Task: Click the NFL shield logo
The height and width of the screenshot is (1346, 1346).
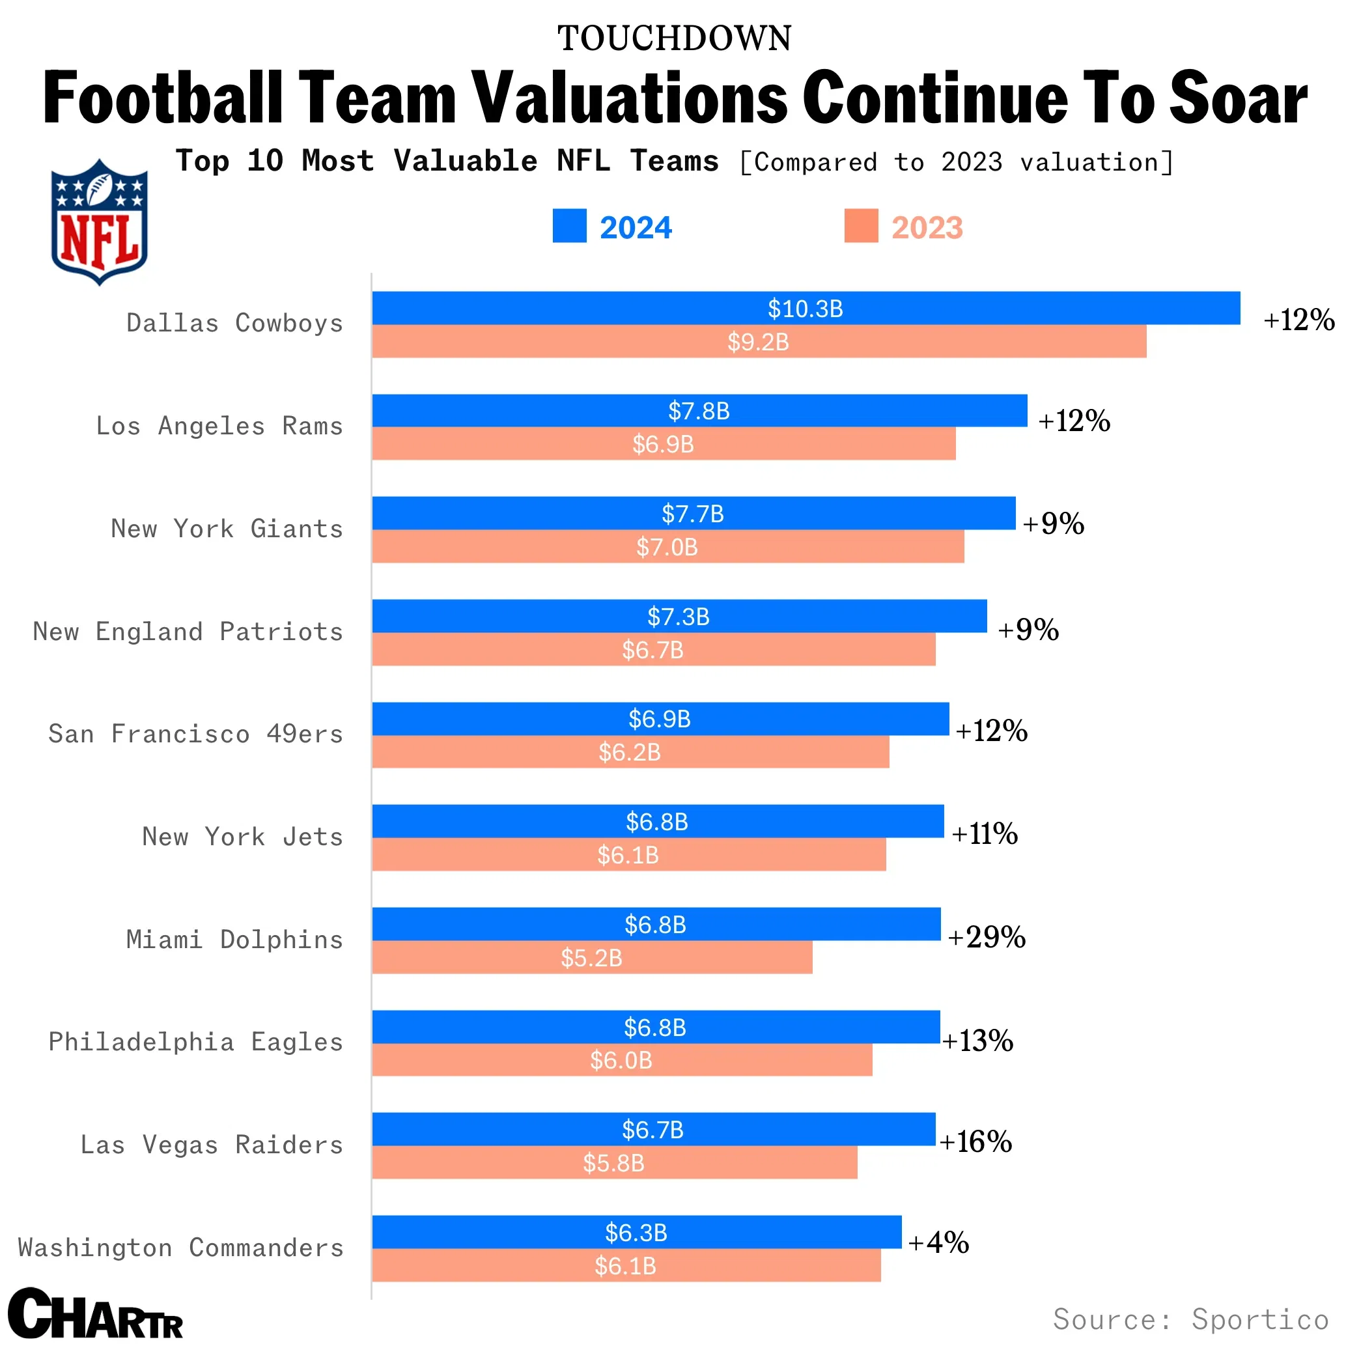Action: point(99,221)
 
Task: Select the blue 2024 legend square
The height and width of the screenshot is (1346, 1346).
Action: point(569,226)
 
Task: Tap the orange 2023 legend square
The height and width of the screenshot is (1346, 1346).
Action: point(861,226)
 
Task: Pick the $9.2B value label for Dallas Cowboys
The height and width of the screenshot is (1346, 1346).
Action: point(758,342)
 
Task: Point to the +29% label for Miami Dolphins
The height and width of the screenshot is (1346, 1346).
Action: point(987,937)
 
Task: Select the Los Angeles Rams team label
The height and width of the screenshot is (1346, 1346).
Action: point(219,426)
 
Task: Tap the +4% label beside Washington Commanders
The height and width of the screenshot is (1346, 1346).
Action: point(938,1242)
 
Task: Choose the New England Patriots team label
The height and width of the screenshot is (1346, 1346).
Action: point(188,631)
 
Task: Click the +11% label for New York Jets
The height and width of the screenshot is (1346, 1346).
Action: point(985,834)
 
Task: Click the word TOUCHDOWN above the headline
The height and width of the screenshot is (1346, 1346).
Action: point(674,38)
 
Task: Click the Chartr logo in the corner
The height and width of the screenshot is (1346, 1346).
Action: point(96,1313)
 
